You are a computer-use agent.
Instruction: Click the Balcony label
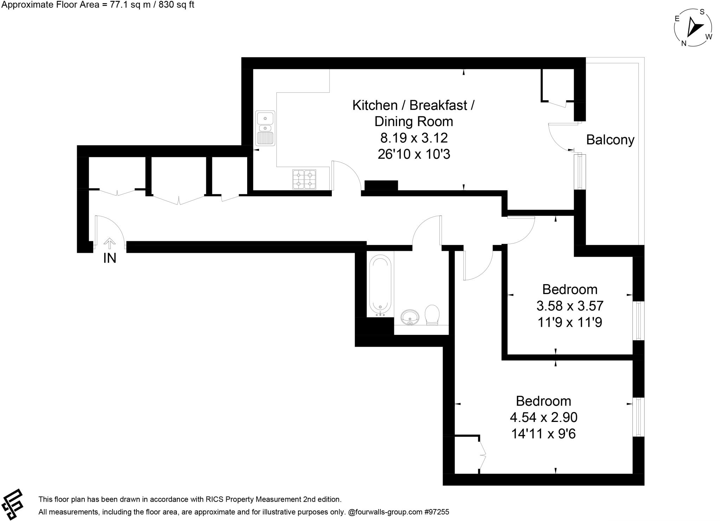click(610, 140)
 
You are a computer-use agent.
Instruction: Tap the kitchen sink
click(265, 128)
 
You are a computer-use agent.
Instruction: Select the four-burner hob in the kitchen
click(304, 179)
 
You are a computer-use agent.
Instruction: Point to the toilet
click(432, 314)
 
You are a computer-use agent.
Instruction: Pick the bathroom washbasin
click(410, 317)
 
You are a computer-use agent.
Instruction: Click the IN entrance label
click(110, 258)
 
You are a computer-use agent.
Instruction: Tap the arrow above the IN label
click(110, 243)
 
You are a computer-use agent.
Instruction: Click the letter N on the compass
click(684, 43)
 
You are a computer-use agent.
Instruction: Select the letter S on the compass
click(702, 12)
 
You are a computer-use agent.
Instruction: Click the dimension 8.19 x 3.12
click(414, 138)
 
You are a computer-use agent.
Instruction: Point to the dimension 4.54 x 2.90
click(544, 417)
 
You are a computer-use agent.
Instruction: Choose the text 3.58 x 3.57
click(570, 306)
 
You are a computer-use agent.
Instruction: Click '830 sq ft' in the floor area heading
click(176, 5)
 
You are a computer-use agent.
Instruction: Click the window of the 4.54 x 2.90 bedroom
click(638, 417)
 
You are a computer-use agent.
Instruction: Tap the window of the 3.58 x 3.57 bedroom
click(638, 320)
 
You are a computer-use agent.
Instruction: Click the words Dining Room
click(413, 122)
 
